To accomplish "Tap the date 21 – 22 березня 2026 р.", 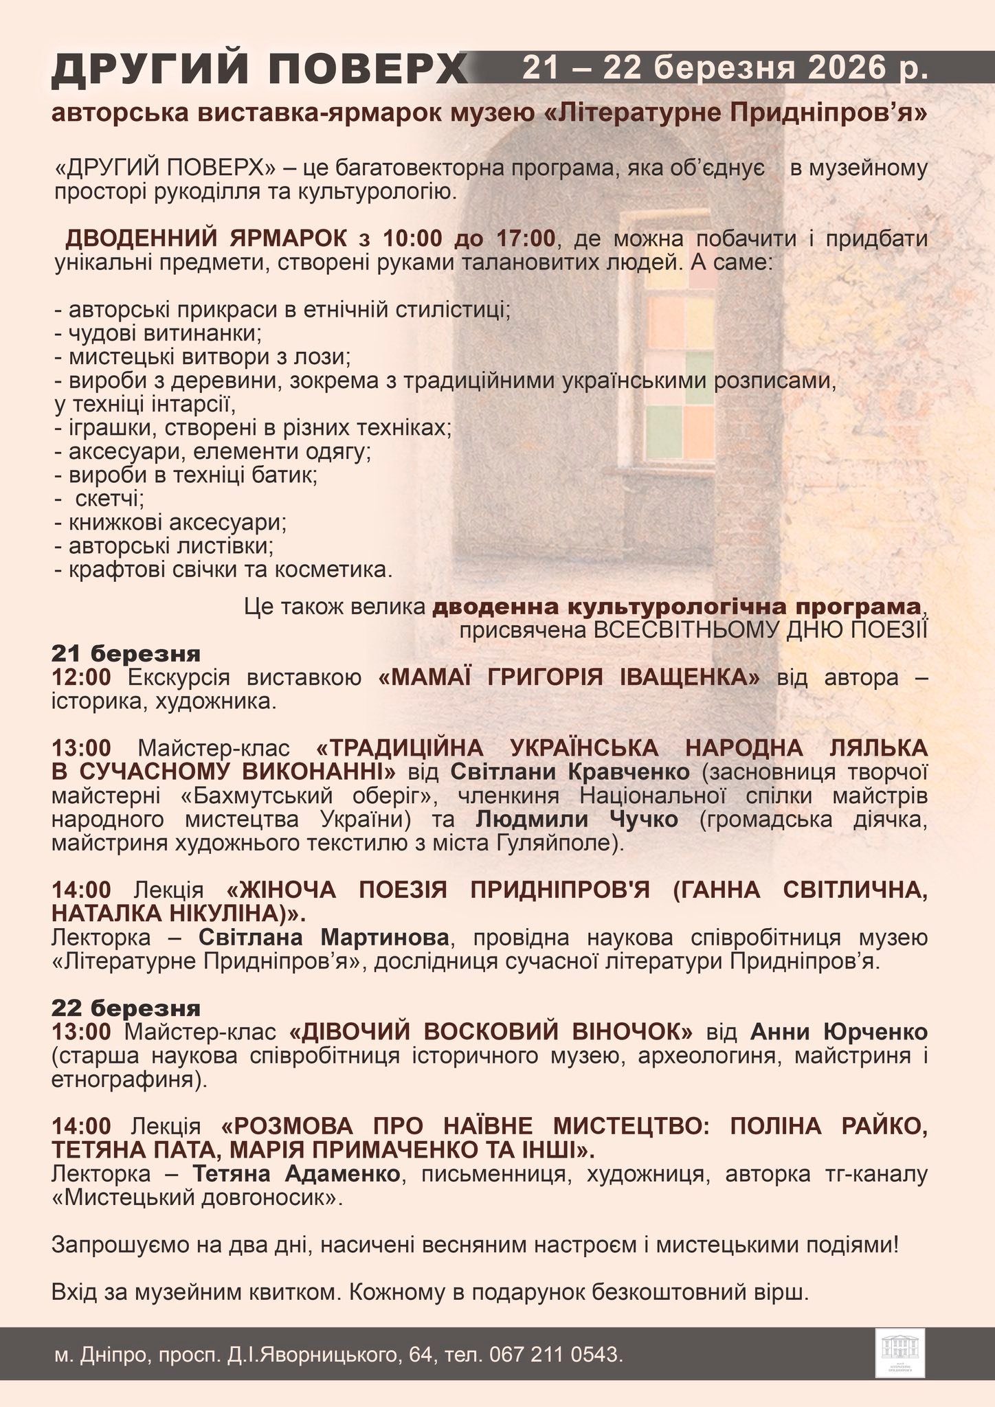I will click(725, 69).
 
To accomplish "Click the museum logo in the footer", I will click(899, 1353).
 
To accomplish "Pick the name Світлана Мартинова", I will click(324, 938).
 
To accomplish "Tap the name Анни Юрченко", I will click(838, 1032).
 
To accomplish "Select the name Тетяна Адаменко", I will click(296, 1173).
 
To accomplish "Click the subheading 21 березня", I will click(126, 653).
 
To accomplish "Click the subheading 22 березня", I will click(126, 1008).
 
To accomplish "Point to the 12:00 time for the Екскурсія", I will click(81, 677).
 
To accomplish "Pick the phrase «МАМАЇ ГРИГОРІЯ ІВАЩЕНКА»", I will click(570, 677).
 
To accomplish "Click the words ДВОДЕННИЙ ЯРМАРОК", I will click(206, 238).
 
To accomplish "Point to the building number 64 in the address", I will click(418, 1355).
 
